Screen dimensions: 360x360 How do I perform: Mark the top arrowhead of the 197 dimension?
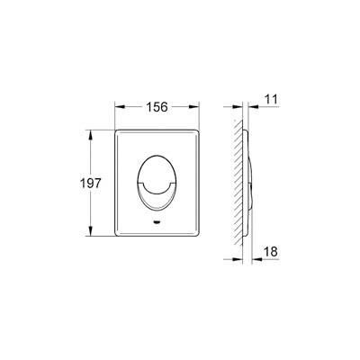click(x=92, y=131)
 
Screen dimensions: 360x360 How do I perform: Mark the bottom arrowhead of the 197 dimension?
click(x=92, y=234)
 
